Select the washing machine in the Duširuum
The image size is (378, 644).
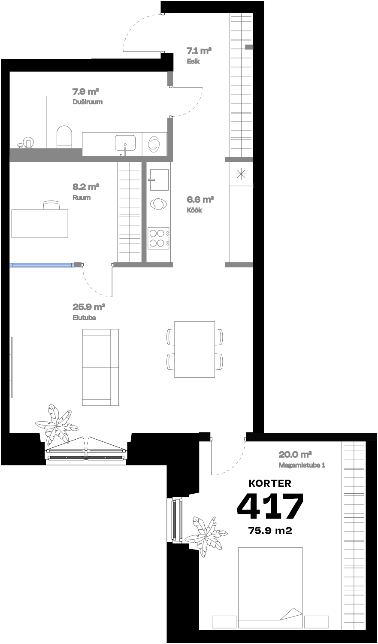pyautogui.click(x=154, y=144)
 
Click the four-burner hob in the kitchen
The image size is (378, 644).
pyautogui.click(x=158, y=238)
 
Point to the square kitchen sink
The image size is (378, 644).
pyautogui.click(x=158, y=179)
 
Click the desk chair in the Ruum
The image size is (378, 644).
pyautogui.click(x=52, y=205)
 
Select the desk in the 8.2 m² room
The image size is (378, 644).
pyautogui.click(x=39, y=223)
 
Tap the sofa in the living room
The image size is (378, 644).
pyautogui.click(x=100, y=367)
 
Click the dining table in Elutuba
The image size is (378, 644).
pyautogui.click(x=194, y=349)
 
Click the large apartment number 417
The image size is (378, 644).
pyautogui.click(x=270, y=506)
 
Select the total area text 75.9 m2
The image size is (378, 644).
pyautogui.click(x=270, y=531)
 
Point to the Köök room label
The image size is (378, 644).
pyautogui.click(x=194, y=210)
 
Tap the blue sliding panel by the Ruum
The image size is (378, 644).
pyautogui.click(x=42, y=265)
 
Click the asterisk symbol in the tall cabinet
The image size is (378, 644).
pyautogui.click(x=241, y=173)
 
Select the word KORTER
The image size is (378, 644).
pyautogui.click(x=270, y=483)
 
